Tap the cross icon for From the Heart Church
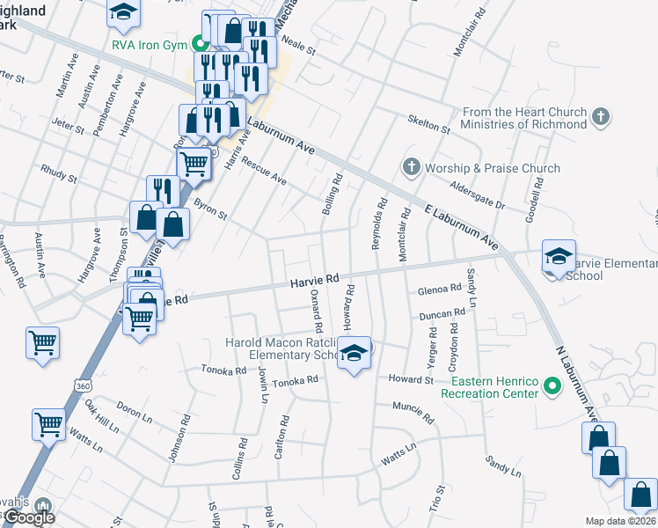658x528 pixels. (x=601, y=116)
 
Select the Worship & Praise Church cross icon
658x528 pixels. (x=410, y=167)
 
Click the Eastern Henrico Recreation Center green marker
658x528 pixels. (x=552, y=385)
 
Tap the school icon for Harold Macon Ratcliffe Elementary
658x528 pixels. (x=354, y=354)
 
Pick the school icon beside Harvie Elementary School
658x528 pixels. (x=558, y=257)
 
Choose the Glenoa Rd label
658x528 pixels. (x=441, y=289)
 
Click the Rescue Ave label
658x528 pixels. (x=265, y=172)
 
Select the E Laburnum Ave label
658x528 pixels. (x=461, y=227)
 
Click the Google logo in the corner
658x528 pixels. (x=29, y=517)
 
